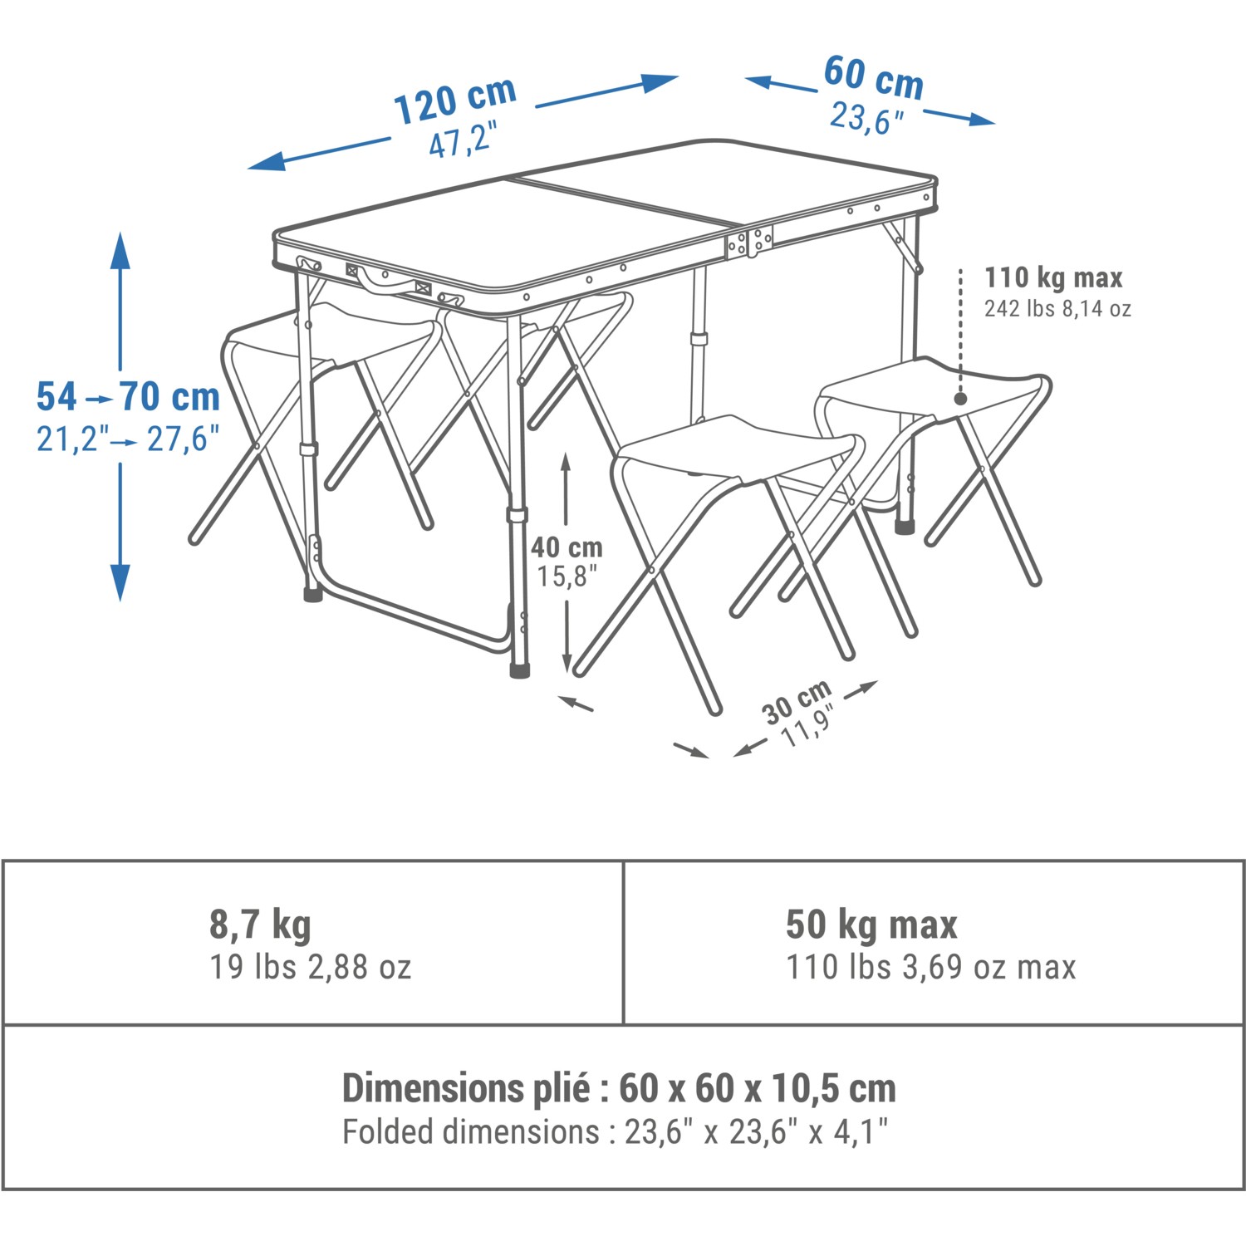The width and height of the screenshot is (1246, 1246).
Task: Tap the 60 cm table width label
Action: [874, 77]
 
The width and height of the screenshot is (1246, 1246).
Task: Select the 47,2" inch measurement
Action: [463, 139]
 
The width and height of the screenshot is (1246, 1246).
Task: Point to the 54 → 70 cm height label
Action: [128, 396]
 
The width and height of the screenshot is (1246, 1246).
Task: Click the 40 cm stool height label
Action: [567, 547]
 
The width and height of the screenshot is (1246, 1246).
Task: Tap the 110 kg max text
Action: [1052, 277]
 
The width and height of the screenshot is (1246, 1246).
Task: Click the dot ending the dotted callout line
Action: [960, 399]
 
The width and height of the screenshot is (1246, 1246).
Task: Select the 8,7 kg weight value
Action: [260, 925]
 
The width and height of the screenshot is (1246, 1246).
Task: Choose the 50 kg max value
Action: [871, 925]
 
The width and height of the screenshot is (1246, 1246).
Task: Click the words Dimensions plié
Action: [466, 1087]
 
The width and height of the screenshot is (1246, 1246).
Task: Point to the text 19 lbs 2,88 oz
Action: [310, 967]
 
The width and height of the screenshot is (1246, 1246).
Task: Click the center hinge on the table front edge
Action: [749, 242]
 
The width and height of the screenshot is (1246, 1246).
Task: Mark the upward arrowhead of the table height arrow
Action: [121, 250]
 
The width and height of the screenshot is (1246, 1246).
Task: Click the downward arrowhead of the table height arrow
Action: [121, 582]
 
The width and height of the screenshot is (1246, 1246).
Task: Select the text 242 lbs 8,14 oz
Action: [1057, 309]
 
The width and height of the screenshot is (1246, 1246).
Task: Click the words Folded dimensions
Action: [470, 1131]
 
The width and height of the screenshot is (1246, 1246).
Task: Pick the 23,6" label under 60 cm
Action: [866, 117]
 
